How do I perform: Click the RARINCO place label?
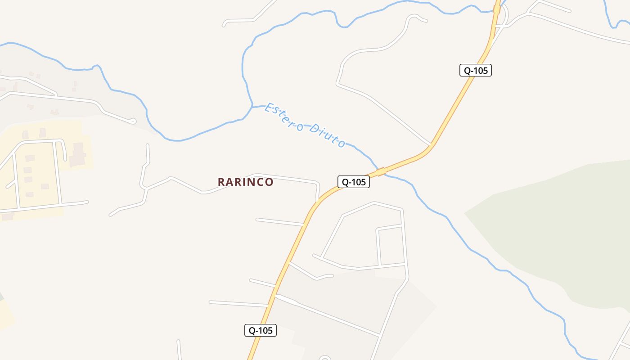[245, 182]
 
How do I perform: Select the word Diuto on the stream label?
[328, 135]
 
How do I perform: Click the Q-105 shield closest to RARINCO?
[353, 182]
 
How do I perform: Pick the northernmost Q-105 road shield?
[475, 70]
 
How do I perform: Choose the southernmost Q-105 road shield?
[260, 330]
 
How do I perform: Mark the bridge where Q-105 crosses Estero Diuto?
[381, 171]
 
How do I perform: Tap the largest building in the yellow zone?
[78, 154]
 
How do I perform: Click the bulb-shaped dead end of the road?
[133, 121]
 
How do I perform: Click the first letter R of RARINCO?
[221, 182]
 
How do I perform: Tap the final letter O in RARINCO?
[269, 182]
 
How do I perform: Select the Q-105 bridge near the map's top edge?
[497, 9]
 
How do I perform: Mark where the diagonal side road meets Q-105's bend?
[431, 145]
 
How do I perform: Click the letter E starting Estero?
[269, 107]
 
